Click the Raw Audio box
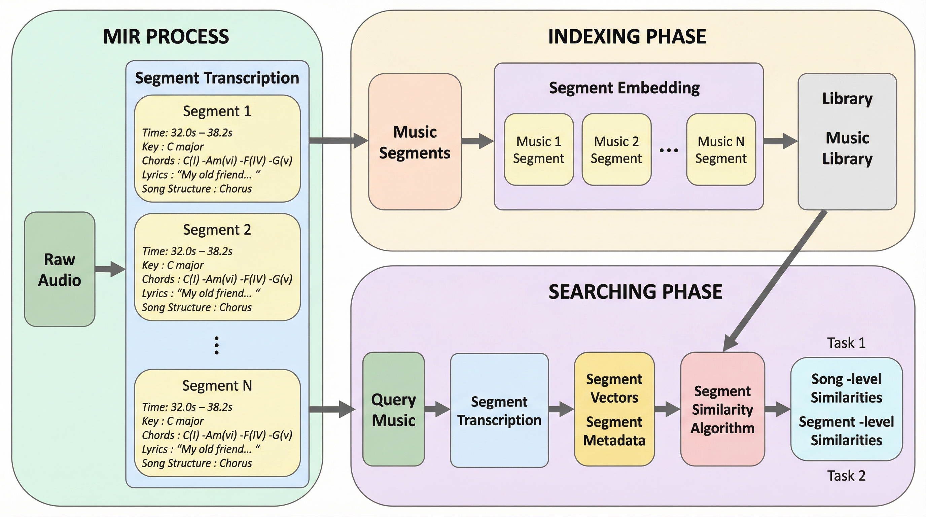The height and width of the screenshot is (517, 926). coord(60,269)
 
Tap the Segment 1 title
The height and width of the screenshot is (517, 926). coord(217,111)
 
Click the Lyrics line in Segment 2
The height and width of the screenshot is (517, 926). coord(201,294)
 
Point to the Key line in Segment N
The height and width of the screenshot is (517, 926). coord(173,421)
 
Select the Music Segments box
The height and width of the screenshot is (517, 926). coord(415,142)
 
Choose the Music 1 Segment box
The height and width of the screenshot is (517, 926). coord(538,149)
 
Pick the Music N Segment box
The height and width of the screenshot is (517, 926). coord(721,149)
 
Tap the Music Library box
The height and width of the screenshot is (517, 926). coord(847,142)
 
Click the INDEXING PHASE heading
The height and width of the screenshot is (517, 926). coord(627,37)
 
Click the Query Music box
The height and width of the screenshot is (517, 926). coord(394,410)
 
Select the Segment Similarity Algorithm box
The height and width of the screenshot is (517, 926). coord(722,410)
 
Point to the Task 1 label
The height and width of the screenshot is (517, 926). coord(846,343)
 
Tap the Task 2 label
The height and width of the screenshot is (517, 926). coord(846,476)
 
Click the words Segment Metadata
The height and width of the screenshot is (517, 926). coord(614,431)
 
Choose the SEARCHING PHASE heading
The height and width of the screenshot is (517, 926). coord(635,291)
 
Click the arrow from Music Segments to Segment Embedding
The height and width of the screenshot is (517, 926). coord(477,141)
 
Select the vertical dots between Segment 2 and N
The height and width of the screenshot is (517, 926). coord(216,345)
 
